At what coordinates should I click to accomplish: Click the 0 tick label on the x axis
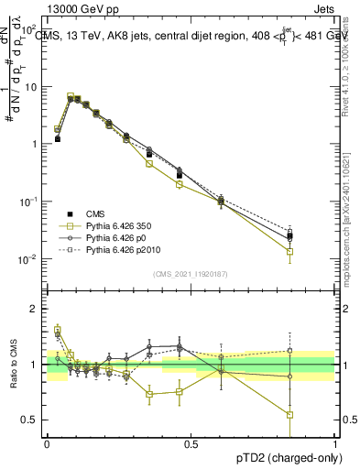(x=46, y=442)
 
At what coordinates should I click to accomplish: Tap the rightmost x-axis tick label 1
(x=333, y=442)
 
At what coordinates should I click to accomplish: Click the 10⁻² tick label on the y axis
(x=30, y=259)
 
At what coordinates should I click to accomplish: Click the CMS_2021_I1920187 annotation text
(x=190, y=275)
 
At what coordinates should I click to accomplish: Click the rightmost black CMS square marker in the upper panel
(x=289, y=236)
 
